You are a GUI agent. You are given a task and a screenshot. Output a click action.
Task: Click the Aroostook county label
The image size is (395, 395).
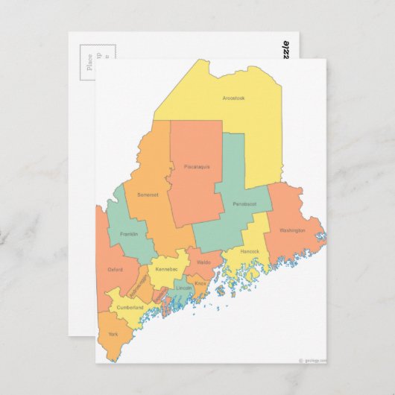click(x=233, y=98)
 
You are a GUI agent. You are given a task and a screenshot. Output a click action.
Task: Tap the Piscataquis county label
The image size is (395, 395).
click(x=197, y=166)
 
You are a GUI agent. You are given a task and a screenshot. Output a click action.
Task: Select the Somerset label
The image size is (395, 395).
click(x=148, y=195)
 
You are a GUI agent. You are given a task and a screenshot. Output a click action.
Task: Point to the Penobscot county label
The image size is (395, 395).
click(x=243, y=203)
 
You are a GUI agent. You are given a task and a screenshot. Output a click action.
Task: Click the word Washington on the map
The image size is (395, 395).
click(x=292, y=230)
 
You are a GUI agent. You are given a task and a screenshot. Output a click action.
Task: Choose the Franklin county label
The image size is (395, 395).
click(x=129, y=234)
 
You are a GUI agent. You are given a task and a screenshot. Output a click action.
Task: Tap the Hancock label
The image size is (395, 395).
click(x=250, y=251)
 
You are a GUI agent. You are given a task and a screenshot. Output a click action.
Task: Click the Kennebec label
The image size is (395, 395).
click(x=166, y=268)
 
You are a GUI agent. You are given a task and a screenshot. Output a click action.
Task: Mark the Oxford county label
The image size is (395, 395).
click(x=115, y=269)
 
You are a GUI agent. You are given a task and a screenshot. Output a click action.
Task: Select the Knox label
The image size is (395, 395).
click(x=200, y=283)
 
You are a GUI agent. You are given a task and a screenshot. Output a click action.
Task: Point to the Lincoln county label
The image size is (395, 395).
click(x=183, y=288)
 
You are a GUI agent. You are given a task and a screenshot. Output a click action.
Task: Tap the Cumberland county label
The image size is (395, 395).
click(x=130, y=307)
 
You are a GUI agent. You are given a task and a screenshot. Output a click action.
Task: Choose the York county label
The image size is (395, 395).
click(x=113, y=334)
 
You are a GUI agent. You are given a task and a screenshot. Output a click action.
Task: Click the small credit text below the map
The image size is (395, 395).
click(x=312, y=359)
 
